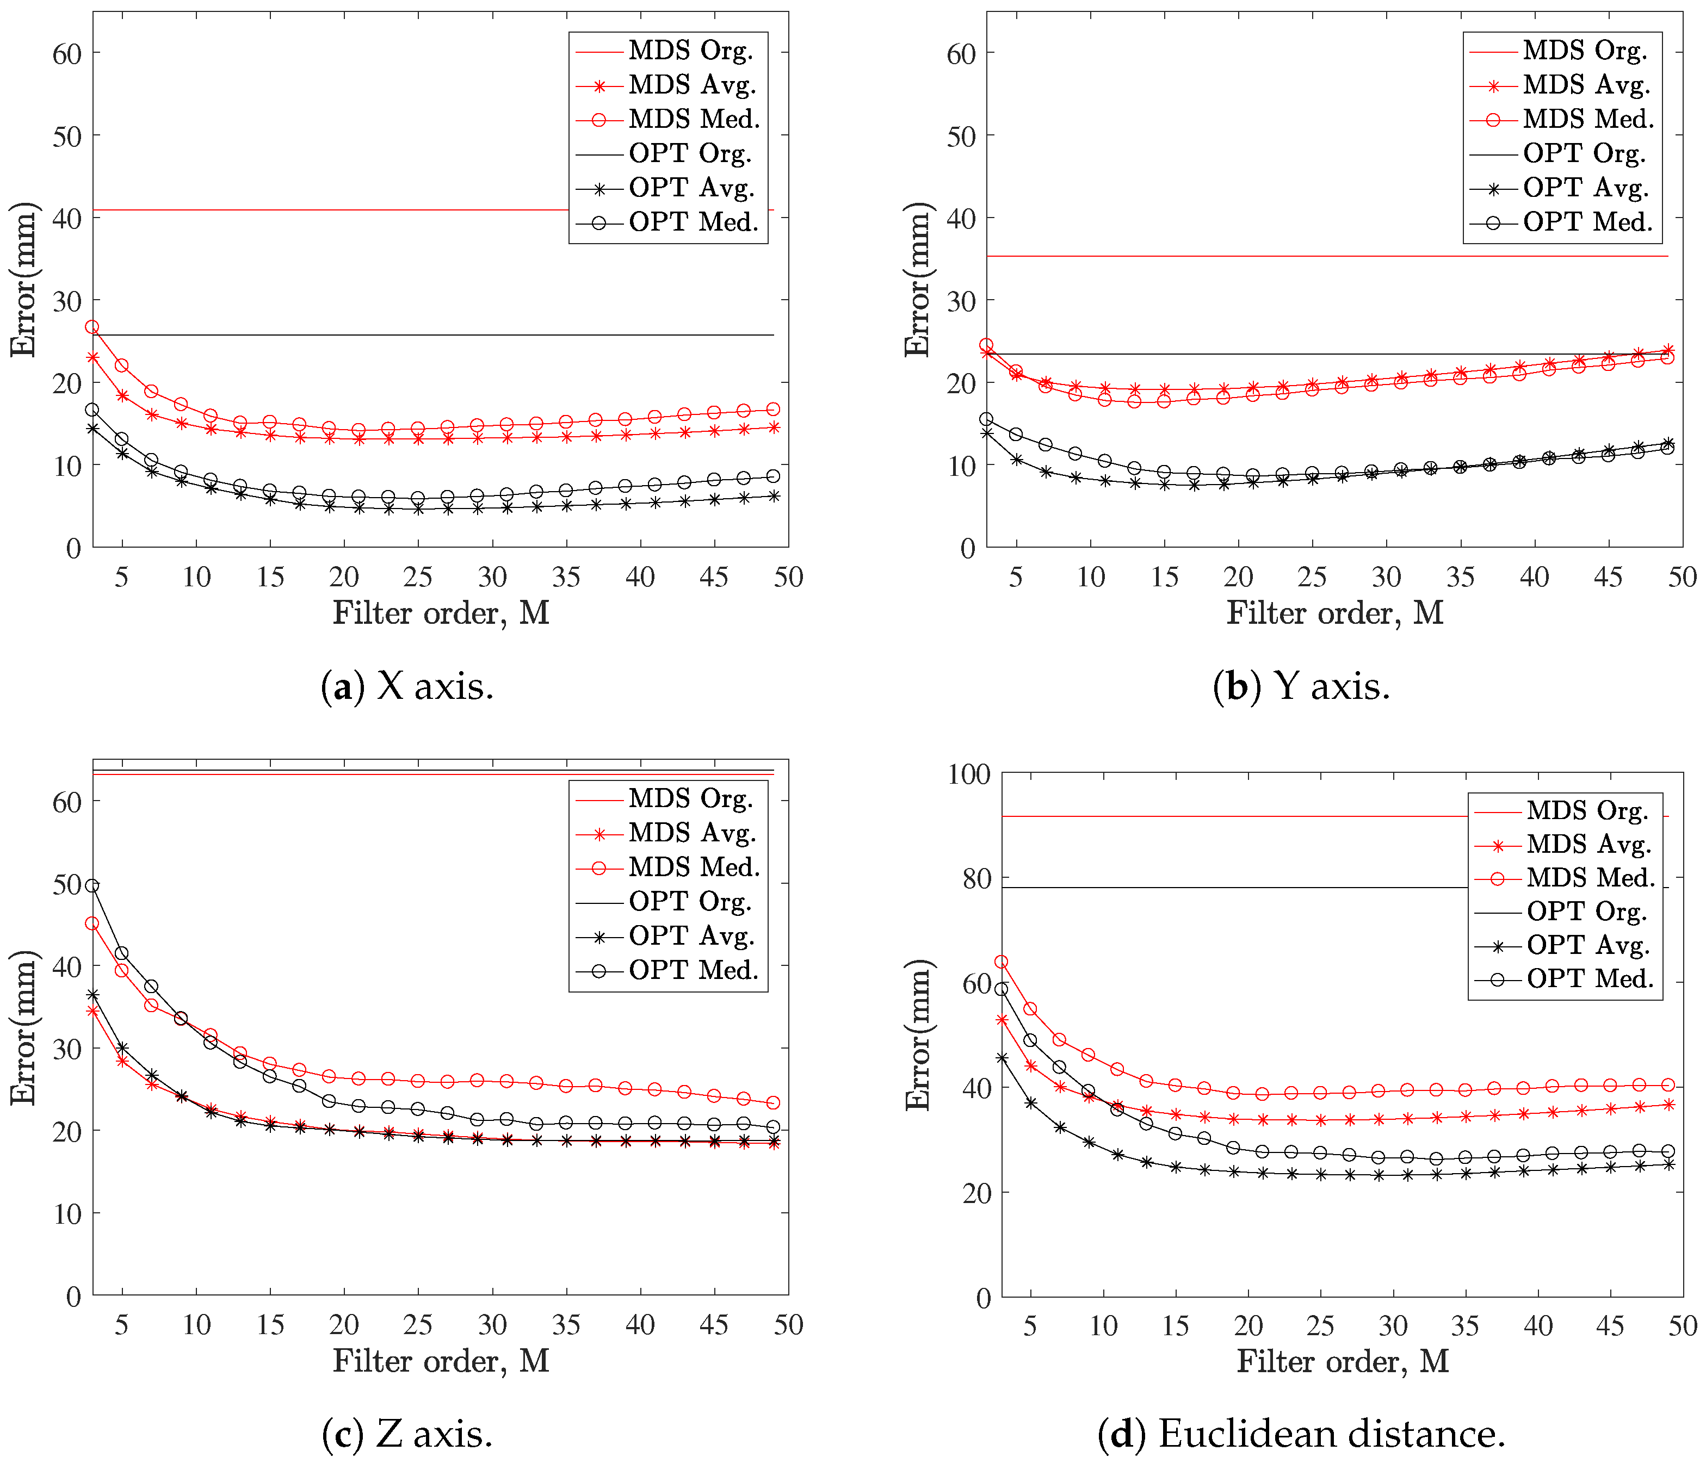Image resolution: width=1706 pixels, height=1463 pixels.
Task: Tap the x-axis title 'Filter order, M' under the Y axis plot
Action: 1334,612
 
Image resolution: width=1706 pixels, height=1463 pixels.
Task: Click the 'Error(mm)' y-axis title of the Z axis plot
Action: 23,1027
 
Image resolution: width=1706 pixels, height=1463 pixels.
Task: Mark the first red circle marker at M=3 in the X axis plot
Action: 92,327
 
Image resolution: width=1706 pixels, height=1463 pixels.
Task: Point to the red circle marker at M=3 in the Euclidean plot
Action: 1001,962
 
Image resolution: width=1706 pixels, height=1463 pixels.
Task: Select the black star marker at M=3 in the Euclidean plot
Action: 1001,1058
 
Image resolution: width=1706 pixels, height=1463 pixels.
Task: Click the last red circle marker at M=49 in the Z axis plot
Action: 773,1102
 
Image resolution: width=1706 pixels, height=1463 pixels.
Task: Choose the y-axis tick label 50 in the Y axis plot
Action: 961,137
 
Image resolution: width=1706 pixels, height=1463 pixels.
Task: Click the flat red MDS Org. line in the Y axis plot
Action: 1235,256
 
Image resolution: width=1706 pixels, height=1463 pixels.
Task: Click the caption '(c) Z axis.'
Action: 407,1434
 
